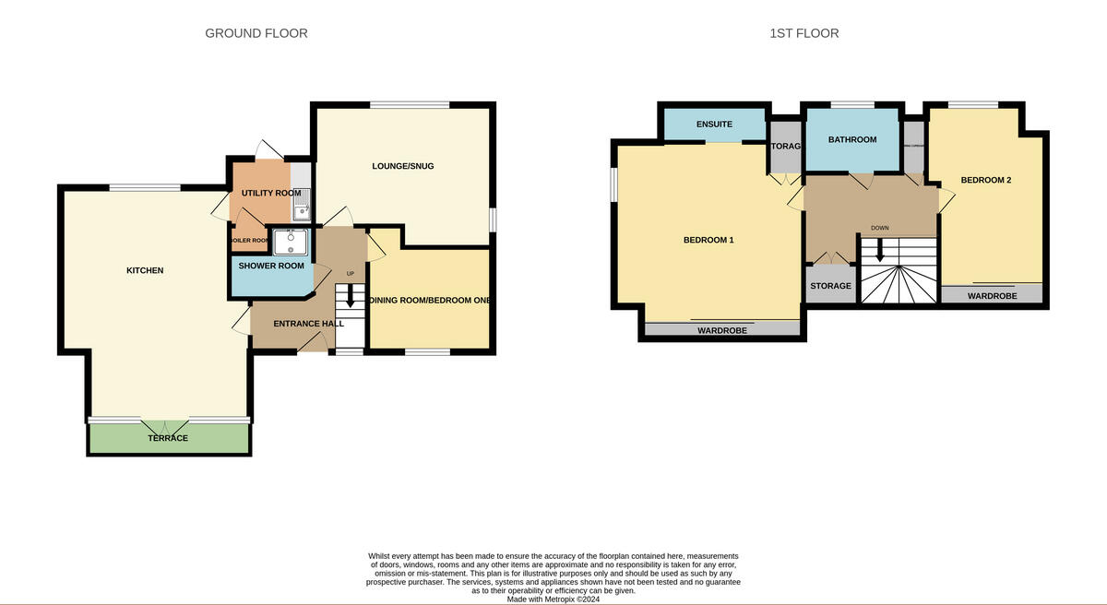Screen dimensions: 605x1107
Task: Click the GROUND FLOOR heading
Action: click(256, 33)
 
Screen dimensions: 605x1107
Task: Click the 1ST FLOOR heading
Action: click(803, 33)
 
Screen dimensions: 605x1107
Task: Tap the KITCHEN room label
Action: click(145, 270)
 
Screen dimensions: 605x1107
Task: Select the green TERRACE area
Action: click(168, 439)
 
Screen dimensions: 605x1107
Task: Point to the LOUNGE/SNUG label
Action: click(402, 166)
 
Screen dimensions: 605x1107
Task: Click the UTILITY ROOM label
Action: click(271, 193)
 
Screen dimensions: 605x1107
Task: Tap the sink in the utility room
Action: click(302, 208)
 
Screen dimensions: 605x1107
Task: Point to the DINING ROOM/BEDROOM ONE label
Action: click(430, 301)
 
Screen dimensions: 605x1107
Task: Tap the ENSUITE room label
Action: click(714, 125)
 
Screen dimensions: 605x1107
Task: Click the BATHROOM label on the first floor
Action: click(851, 139)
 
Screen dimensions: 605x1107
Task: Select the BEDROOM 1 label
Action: click(708, 240)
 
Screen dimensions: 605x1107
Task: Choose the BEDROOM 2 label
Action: click(985, 180)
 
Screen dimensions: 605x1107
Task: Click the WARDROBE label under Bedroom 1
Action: click(721, 329)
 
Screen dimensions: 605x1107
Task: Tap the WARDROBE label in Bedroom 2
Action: click(992, 296)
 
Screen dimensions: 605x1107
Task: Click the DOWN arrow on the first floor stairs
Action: click(879, 249)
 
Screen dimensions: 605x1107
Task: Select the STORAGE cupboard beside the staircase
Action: click(830, 286)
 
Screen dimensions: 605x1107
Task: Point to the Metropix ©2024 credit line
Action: click(553, 599)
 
